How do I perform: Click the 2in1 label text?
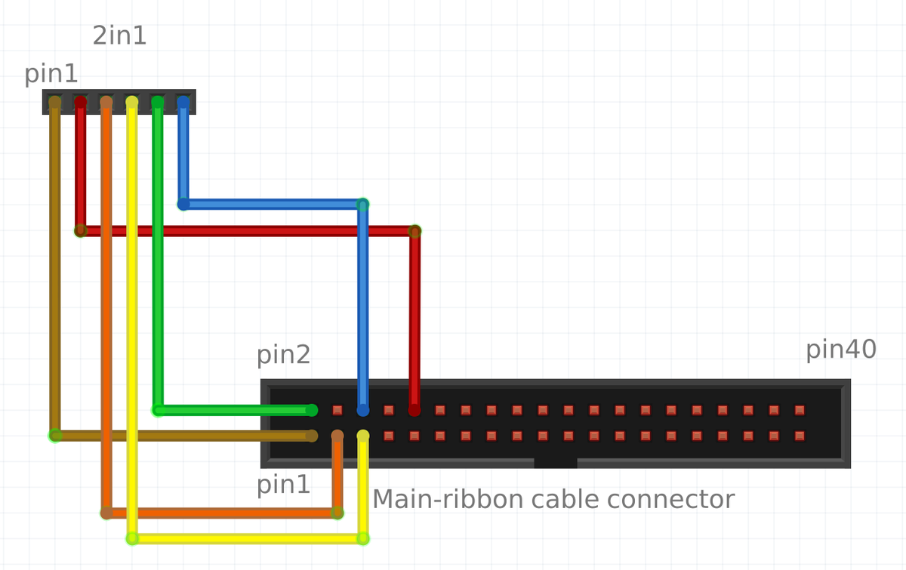pyautogui.click(x=119, y=35)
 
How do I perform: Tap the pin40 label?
pyautogui.click(x=840, y=350)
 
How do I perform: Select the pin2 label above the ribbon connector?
pyautogui.click(x=283, y=355)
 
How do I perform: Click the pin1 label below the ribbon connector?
pyautogui.click(x=283, y=485)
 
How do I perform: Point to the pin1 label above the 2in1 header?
pyautogui.click(x=51, y=74)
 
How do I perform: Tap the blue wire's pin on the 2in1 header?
pyautogui.click(x=183, y=102)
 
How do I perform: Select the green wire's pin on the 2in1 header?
pyautogui.click(x=157, y=102)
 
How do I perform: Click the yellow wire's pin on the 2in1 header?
pyautogui.click(x=131, y=102)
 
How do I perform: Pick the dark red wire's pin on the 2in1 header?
pyautogui.click(x=80, y=102)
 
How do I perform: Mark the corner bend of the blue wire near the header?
pyautogui.click(x=183, y=204)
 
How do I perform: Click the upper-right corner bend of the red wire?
pyautogui.click(x=414, y=231)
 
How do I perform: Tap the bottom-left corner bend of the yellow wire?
pyautogui.click(x=132, y=538)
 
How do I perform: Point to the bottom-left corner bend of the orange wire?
pyautogui.click(x=106, y=513)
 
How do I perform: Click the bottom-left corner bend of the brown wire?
pyautogui.click(x=55, y=436)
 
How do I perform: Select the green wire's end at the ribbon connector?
pyautogui.click(x=311, y=410)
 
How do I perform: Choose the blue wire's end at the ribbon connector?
pyautogui.click(x=362, y=410)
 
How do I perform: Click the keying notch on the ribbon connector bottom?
pyautogui.click(x=555, y=463)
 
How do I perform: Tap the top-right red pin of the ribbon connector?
pyautogui.click(x=800, y=410)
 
